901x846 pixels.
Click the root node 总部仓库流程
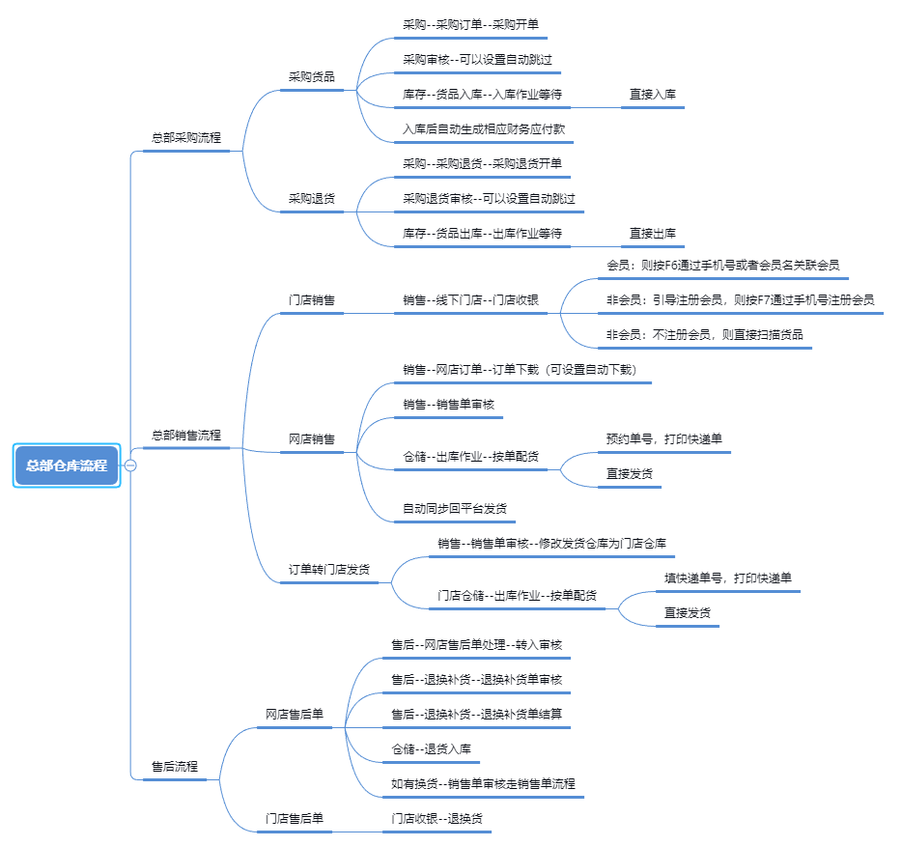pos(67,465)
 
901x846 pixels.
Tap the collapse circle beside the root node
pos(130,465)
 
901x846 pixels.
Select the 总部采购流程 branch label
pos(186,138)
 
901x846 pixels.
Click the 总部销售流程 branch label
pos(186,435)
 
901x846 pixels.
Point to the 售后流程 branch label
pos(175,766)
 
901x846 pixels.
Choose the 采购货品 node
pos(312,77)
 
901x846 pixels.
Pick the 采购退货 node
pos(312,199)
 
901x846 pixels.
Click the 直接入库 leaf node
pos(653,95)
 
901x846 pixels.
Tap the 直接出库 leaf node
pos(653,234)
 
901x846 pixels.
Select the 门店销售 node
pos(312,300)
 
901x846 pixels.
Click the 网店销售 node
pos(312,439)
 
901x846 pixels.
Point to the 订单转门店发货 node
pos(329,570)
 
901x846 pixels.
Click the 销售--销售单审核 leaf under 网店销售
pos(449,405)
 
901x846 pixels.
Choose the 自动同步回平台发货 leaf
pos(455,509)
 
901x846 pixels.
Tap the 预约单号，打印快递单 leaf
pos(664,439)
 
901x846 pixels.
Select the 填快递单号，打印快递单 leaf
pos(728,578)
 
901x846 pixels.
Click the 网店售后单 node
pos(295,715)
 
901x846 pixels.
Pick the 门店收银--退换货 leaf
pos(436,818)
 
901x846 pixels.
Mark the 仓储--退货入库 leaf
pos(431,748)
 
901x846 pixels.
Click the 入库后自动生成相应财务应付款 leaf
pos(484,129)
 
